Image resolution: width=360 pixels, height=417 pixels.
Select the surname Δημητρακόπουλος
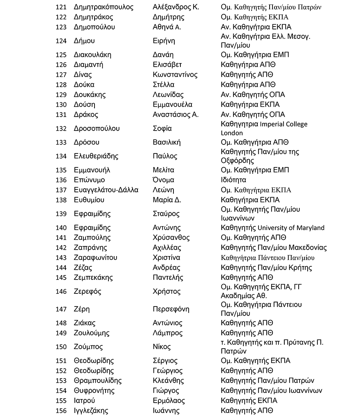(x=103, y=7)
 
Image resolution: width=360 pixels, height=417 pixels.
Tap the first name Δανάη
(x=163, y=55)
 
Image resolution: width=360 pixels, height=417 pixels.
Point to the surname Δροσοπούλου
(x=97, y=128)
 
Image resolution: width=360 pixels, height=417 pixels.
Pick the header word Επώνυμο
(x=89, y=180)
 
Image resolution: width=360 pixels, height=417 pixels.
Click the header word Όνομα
(x=163, y=180)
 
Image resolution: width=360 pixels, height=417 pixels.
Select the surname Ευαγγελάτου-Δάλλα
(x=106, y=190)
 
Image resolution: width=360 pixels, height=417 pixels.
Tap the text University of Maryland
(x=291, y=228)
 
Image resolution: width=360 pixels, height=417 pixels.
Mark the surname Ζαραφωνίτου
(x=95, y=258)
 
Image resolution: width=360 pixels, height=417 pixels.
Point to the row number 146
(x=61, y=292)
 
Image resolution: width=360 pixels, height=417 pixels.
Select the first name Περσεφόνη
(x=171, y=309)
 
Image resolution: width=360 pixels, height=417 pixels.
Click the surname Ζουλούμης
(x=92, y=333)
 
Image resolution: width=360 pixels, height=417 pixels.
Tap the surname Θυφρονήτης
(x=94, y=390)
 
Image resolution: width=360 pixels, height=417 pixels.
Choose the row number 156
(x=61, y=410)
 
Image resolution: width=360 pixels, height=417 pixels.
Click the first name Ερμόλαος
(x=169, y=401)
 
